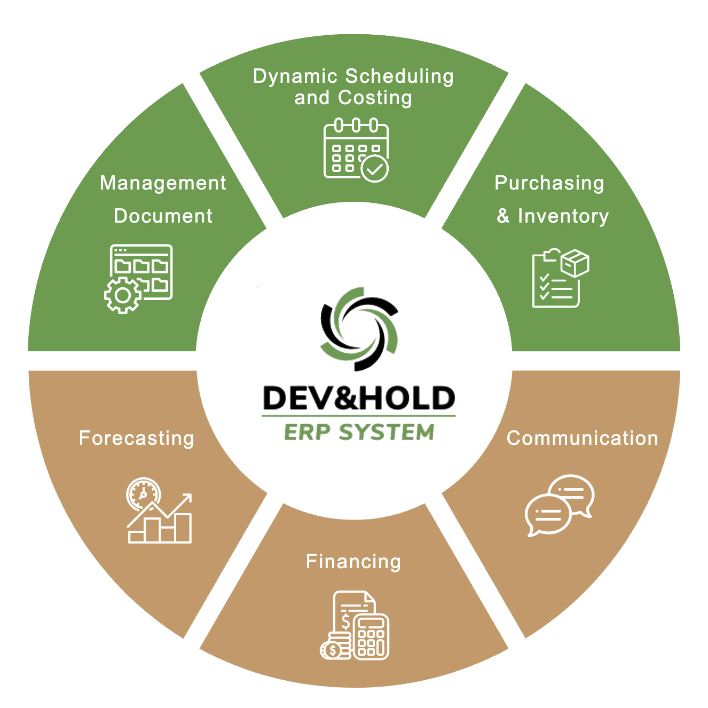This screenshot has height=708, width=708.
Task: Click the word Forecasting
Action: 136,438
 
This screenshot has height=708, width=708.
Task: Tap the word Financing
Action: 353,562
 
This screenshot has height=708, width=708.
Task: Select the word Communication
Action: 582,438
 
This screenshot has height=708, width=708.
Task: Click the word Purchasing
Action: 549,183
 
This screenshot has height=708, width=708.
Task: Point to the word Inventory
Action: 563,216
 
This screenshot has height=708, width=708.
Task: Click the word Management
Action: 163,183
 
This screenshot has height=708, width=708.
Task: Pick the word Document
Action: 163,216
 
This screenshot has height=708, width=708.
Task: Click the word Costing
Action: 375,98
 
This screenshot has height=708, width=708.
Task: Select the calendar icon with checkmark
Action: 356,151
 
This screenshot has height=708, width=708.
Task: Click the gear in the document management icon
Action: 123,295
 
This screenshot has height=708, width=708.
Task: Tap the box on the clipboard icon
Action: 575,263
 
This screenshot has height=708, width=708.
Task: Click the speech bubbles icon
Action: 559,505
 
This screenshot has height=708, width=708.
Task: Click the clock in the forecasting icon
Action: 143,494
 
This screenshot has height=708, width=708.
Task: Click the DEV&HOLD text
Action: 359,398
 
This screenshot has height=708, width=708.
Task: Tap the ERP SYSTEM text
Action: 359,432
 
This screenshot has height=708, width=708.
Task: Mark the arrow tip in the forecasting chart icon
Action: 188,498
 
